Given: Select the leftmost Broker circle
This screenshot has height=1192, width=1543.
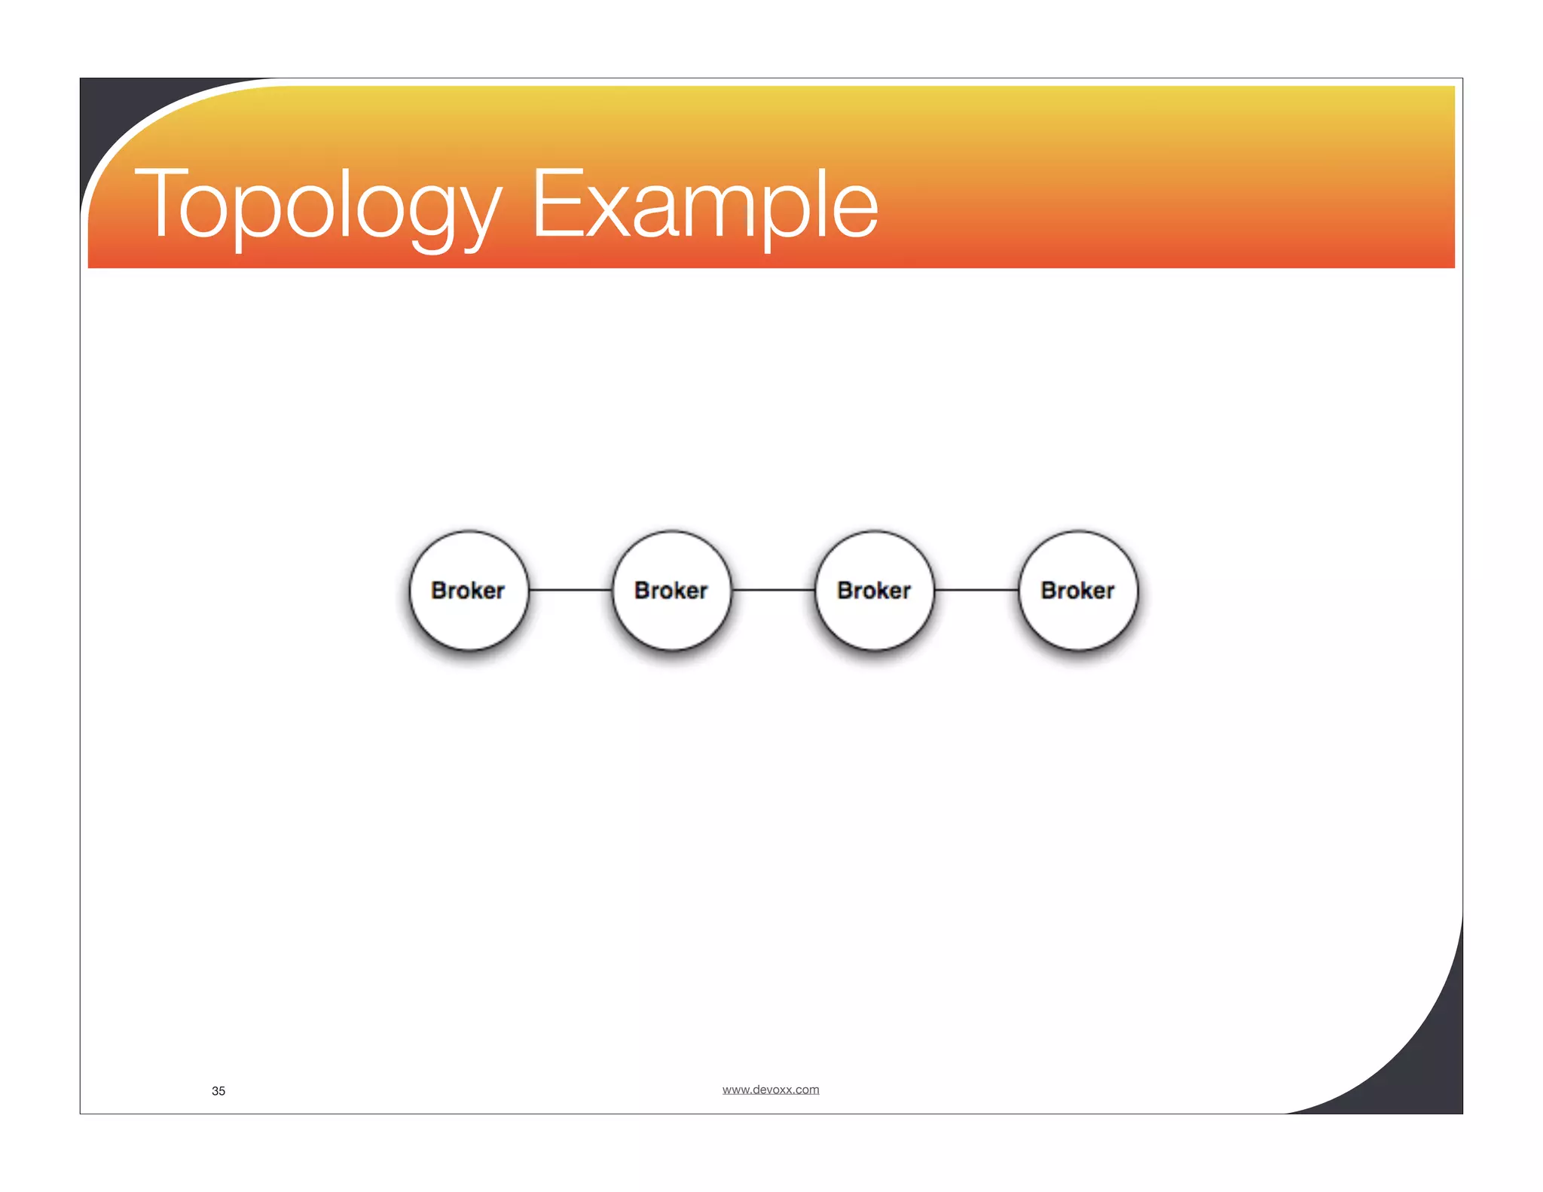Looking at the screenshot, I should tap(469, 590).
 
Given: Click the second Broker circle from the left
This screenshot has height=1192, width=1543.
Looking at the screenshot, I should tap(671, 590).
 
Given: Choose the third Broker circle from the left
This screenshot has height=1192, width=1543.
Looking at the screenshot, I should tap(875, 590).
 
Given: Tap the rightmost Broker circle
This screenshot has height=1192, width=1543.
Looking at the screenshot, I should tap(1078, 590).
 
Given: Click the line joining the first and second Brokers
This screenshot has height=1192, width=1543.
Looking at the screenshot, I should tap(570, 590).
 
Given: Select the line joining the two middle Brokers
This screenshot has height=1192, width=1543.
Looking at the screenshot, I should tap(773, 590).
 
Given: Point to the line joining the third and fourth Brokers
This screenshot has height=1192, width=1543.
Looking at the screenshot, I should tap(976, 590).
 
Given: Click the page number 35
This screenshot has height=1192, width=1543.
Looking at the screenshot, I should tap(218, 1091).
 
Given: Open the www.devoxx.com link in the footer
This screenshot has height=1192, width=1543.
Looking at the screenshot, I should tap(771, 1090).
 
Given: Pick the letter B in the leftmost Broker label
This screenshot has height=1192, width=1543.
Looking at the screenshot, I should tap(440, 590).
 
